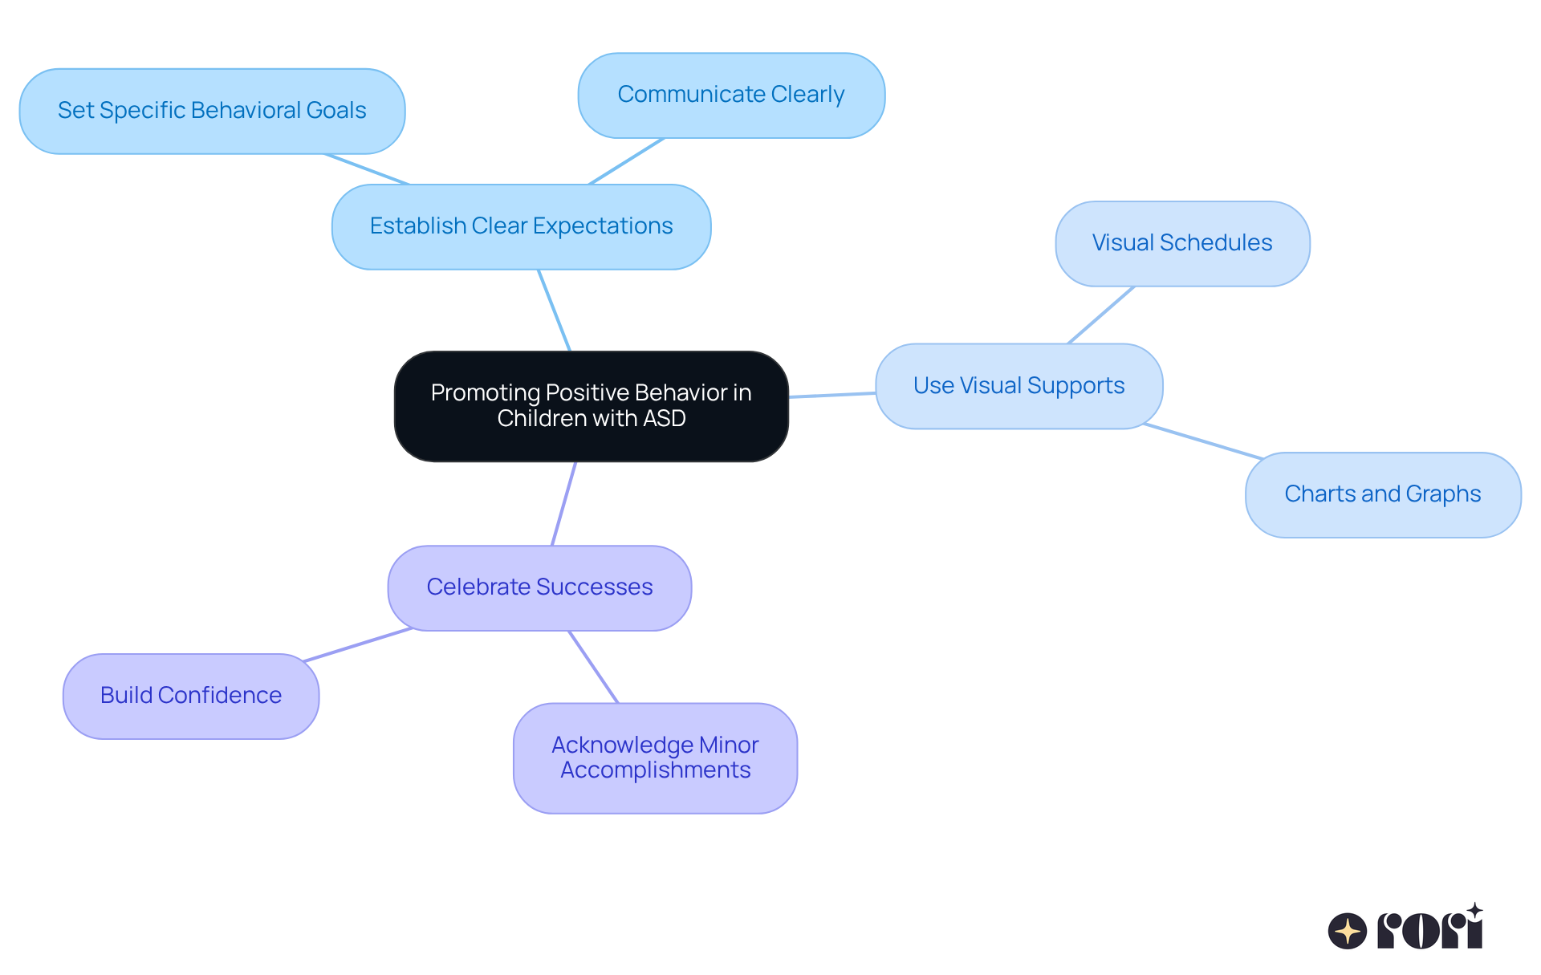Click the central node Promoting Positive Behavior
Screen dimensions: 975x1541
(x=591, y=406)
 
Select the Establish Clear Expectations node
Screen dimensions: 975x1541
(x=521, y=227)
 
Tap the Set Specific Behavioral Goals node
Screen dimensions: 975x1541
(x=212, y=111)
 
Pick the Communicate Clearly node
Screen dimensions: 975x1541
(x=730, y=95)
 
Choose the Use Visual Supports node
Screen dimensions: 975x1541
(x=1019, y=386)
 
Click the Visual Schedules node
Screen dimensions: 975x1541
(x=1181, y=243)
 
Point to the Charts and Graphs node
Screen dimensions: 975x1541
(x=1382, y=494)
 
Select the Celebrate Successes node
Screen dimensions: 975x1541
(x=539, y=587)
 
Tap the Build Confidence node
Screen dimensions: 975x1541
(x=191, y=696)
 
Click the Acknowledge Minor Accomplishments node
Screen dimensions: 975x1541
(x=655, y=758)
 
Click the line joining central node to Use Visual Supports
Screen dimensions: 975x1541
(x=831, y=395)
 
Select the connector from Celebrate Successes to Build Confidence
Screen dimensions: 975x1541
(x=358, y=644)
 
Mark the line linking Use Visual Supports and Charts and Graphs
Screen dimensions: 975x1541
(x=1202, y=441)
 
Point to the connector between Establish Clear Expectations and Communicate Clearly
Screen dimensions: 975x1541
(x=627, y=161)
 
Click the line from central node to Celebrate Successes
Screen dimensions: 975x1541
(x=564, y=503)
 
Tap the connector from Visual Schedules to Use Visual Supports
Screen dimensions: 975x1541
(x=1100, y=315)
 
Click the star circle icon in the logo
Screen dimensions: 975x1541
(x=1347, y=931)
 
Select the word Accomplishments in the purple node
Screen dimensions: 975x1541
(x=655, y=770)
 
